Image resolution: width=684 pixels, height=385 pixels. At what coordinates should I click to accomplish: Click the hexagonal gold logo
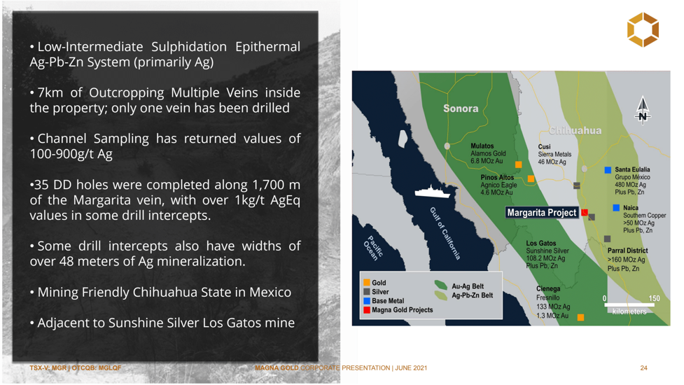tap(643, 29)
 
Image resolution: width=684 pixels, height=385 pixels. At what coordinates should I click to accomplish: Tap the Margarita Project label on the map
tap(541, 212)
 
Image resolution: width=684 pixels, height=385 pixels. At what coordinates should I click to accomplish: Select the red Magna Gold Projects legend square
tap(367, 310)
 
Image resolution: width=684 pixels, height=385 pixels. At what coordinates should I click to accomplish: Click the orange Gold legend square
tap(367, 283)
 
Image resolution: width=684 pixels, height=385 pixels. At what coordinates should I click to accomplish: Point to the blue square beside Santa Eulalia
tap(608, 169)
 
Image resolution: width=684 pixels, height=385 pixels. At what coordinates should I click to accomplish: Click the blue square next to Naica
tap(616, 208)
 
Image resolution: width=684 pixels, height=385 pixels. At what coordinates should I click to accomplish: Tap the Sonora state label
tap(461, 108)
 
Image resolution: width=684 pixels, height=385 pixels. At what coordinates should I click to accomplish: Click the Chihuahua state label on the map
tap(575, 130)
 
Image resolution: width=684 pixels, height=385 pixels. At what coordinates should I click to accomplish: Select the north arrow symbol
tap(643, 111)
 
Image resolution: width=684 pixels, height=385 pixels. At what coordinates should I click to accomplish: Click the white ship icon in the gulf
tap(432, 192)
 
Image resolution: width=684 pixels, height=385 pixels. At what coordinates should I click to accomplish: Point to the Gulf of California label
tap(445, 233)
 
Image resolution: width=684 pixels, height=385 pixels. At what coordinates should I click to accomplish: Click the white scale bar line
tap(629, 304)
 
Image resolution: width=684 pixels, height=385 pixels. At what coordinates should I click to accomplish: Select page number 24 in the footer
tap(643, 368)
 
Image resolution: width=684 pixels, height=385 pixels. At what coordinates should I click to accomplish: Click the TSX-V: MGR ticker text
tap(48, 368)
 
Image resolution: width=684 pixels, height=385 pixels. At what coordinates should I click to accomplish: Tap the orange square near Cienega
tap(580, 317)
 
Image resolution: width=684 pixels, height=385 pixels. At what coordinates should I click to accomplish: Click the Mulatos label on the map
tap(482, 146)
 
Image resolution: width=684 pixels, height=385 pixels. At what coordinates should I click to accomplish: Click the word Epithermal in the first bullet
tap(267, 47)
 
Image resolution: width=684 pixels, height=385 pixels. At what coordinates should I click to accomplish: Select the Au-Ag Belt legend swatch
tap(440, 286)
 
